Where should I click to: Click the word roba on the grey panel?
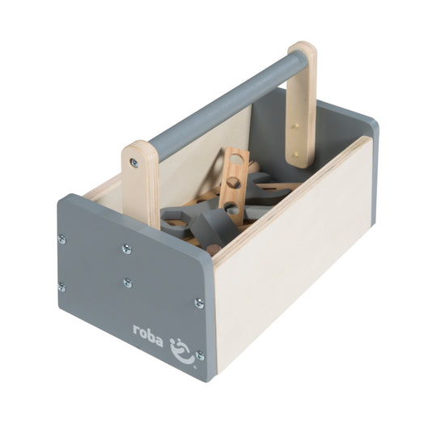147,332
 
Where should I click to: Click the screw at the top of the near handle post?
134,163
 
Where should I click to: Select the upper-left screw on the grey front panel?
62,239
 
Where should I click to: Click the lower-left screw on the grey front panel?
62,286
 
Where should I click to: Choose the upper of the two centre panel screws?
126,249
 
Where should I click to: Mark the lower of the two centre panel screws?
127,282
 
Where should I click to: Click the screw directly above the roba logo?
199,303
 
